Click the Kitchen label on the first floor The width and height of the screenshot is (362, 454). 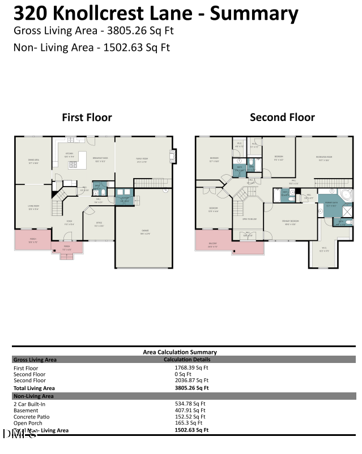[69, 154]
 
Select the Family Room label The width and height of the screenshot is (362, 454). [142, 159]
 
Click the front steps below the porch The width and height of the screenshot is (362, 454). [67, 257]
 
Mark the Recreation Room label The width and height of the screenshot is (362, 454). [324, 159]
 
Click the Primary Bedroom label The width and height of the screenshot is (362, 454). [291, 222]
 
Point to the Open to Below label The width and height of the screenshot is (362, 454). [249, 219]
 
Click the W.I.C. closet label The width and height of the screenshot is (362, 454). [323, 250]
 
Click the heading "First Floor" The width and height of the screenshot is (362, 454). [87, 118]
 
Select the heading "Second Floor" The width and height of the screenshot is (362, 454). [282, 118]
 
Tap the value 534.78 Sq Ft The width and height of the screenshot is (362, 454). [190, 404]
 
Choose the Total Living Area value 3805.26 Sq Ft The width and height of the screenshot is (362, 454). [191, 388]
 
